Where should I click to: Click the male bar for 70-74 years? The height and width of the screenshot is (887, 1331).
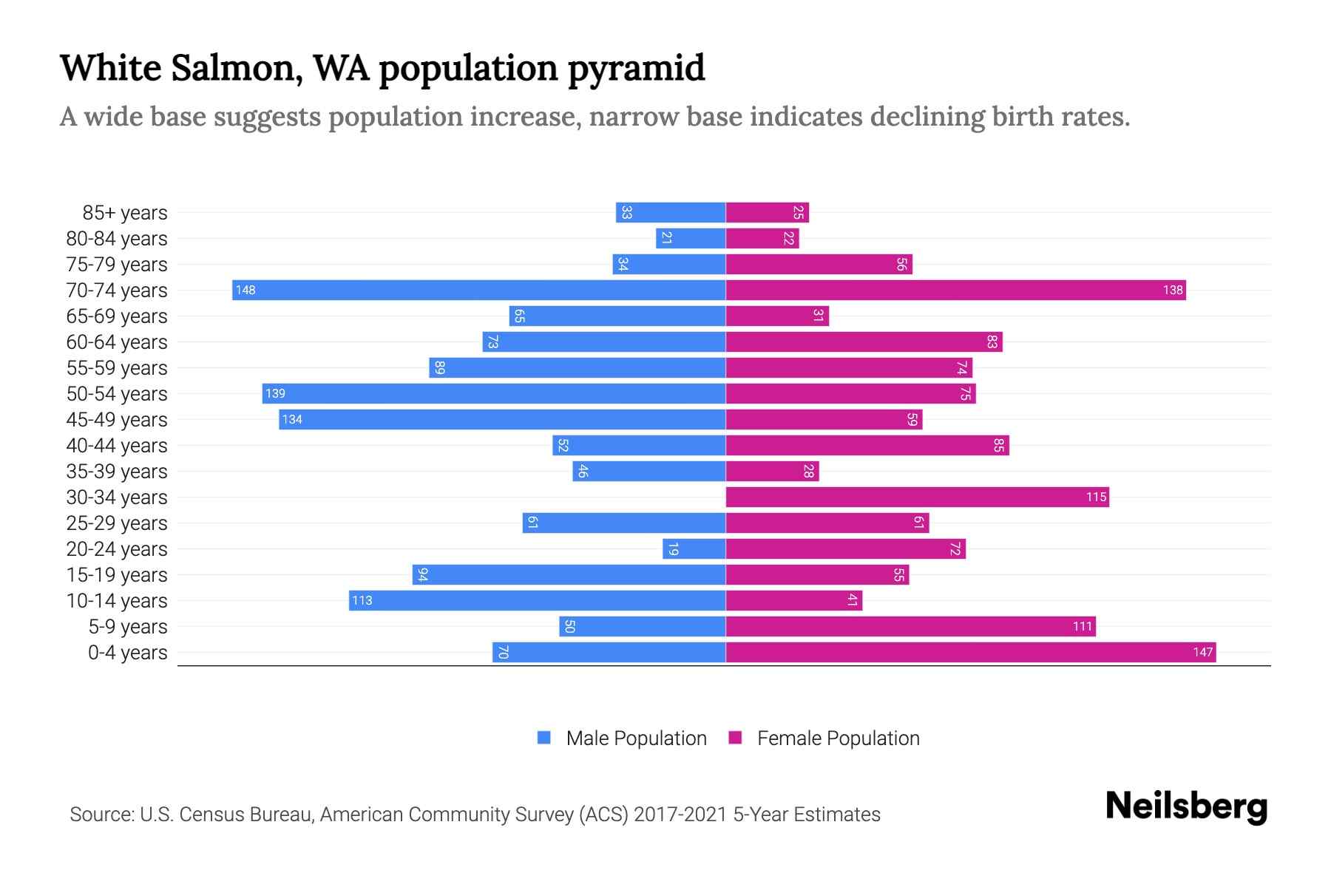(x=478, y=290)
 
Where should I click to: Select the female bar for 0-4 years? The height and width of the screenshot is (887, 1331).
(x=970, y=652)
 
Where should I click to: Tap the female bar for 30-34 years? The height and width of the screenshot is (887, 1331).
(x=917, y=497)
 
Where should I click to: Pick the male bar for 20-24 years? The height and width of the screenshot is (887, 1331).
(x=694, y=548)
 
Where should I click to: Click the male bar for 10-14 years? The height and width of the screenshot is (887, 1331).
(x=537, y=600)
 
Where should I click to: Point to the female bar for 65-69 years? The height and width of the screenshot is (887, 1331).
(x=776, y=316)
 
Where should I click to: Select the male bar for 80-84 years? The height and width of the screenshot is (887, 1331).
(x=690, y=238)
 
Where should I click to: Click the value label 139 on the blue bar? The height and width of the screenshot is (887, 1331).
(x=275, y=393)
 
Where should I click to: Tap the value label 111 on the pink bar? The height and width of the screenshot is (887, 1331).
(x=1082, y=626)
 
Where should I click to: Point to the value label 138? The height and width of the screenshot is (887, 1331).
(x=1172, y=290)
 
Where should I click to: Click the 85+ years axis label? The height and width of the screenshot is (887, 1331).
(x=124, y=213)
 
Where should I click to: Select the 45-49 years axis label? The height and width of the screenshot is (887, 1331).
(x=117, y=420)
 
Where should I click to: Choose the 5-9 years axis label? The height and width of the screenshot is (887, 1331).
(x=127, y=627)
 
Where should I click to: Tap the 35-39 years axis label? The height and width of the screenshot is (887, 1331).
(x=117, y=472)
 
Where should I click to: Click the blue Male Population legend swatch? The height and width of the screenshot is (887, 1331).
(x=544, y=738)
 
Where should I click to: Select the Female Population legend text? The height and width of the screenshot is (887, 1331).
(x=838, y=738)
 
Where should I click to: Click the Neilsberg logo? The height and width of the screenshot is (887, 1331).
(x=1186, y=806)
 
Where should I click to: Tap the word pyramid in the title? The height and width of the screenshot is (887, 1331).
(x=636, y=68)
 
